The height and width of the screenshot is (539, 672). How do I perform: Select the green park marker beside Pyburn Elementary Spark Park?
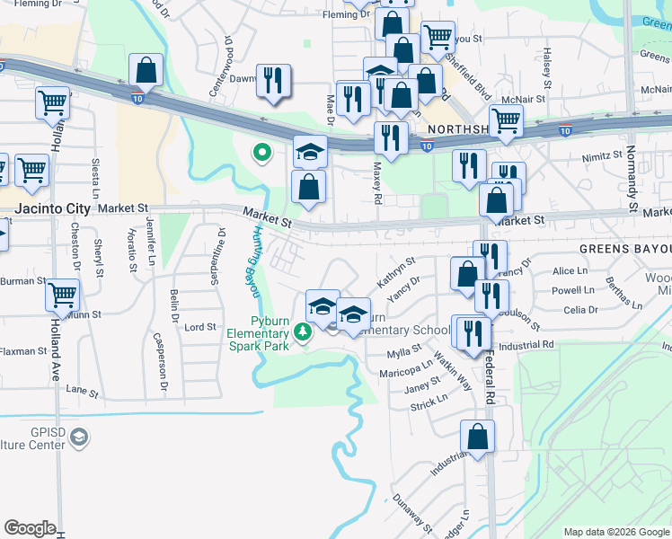[x=304, y=332]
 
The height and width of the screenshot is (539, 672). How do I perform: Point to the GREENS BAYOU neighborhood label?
[x=625, y=248]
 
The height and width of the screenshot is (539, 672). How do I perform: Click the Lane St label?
[x=81, y=391]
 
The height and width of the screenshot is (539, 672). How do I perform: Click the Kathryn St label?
[x=396, y=271]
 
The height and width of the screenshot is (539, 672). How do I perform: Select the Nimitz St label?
[x=601, y=155]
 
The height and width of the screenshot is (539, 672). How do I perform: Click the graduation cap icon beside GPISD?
[x=79, y=437]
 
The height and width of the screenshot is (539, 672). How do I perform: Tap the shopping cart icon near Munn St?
[x=62, y=294]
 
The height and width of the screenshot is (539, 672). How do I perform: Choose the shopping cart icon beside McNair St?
[x=507, y=119]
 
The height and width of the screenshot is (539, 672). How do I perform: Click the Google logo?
[x=30, y=528]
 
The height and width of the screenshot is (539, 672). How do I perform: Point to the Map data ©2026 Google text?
[x=615, y=532]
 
